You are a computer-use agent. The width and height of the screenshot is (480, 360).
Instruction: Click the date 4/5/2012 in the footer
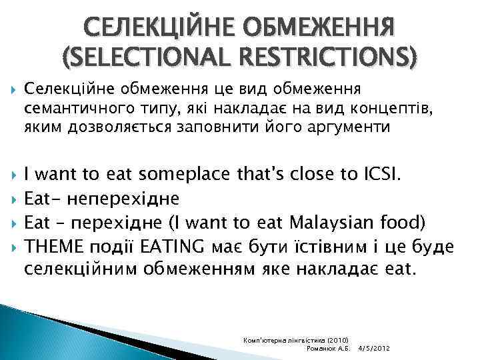click(x=373, y=349)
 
